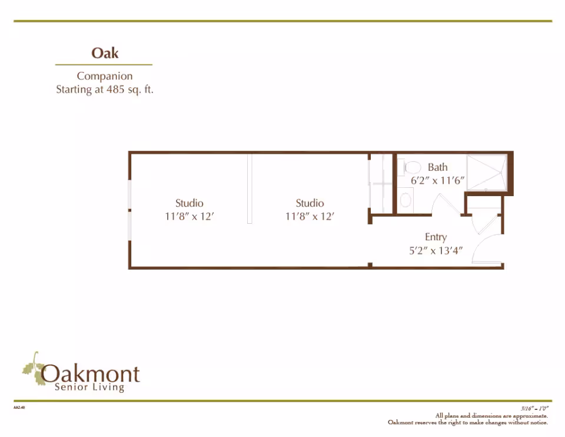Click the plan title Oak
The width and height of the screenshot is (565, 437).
tap(105, 53)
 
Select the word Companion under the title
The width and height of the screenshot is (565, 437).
tap(105, 76)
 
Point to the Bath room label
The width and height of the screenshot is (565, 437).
tap(437, 167)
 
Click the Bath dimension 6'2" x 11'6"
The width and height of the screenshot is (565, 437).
tap(438, 181)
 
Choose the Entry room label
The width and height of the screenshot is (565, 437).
tap(436, 237)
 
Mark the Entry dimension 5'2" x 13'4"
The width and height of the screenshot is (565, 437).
tap(436, 250)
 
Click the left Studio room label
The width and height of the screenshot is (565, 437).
tap(190, 203)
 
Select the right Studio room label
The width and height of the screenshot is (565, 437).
tap(310, 203)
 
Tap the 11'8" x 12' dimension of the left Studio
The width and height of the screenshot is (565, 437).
tap(190, 217)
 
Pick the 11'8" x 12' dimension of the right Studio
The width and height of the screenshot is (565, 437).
tap(310, 217)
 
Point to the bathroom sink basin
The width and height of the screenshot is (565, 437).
tap(406, 200)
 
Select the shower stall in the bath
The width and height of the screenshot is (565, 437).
tap(486, 172)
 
